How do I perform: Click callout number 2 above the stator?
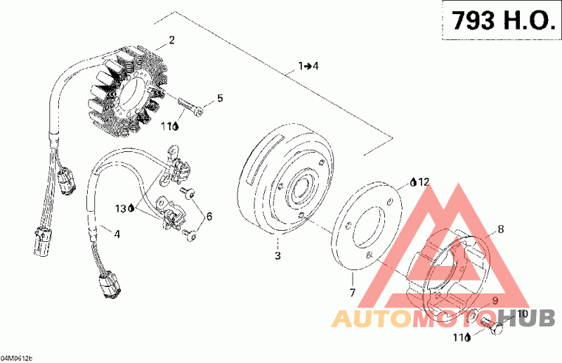tap(171, 39)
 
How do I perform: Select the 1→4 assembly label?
tap(308, 66)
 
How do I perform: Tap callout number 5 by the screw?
tap(219, 98)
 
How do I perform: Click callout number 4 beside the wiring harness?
tap(117, 234)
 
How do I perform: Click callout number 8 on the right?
tap(501, 228)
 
